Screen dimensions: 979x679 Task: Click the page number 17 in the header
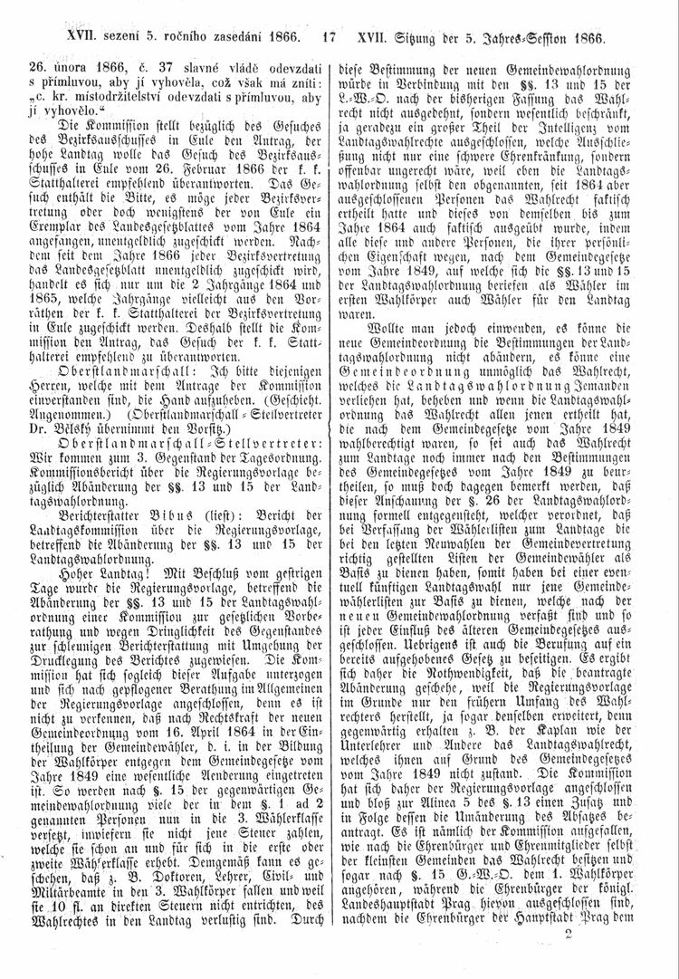pos(328,39)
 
